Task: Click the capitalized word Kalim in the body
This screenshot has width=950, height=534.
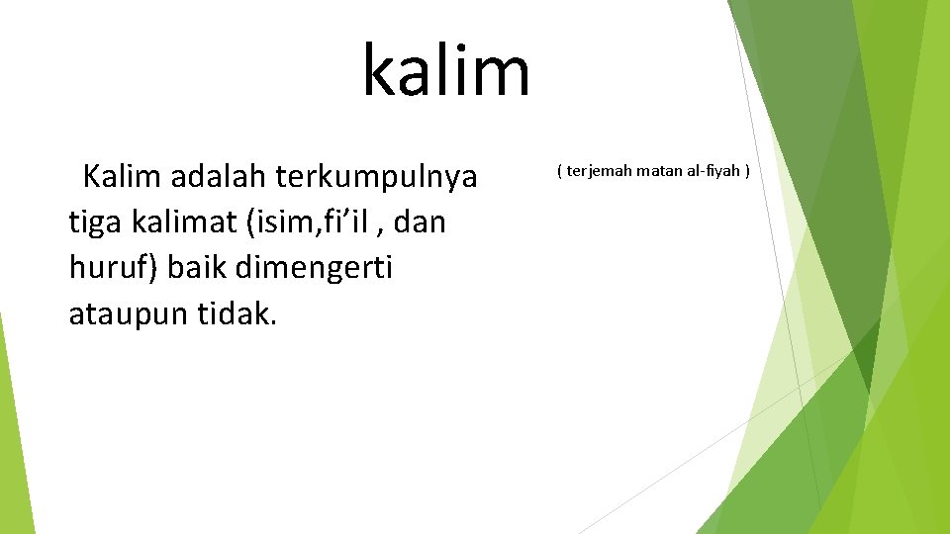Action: [x=122, y=177]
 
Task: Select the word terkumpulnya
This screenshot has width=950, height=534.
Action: [x=377, y=177]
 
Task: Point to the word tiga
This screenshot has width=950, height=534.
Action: [x=94, y=222]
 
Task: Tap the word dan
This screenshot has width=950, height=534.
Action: [x=426, y=222]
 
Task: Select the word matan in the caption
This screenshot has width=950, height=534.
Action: [x=659, y=171]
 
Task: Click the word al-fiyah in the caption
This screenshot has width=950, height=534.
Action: [x=713, y=171]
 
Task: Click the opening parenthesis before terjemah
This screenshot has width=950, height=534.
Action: [x=559, y=171]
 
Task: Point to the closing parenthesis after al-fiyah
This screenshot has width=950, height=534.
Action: [x=747, y=171]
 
